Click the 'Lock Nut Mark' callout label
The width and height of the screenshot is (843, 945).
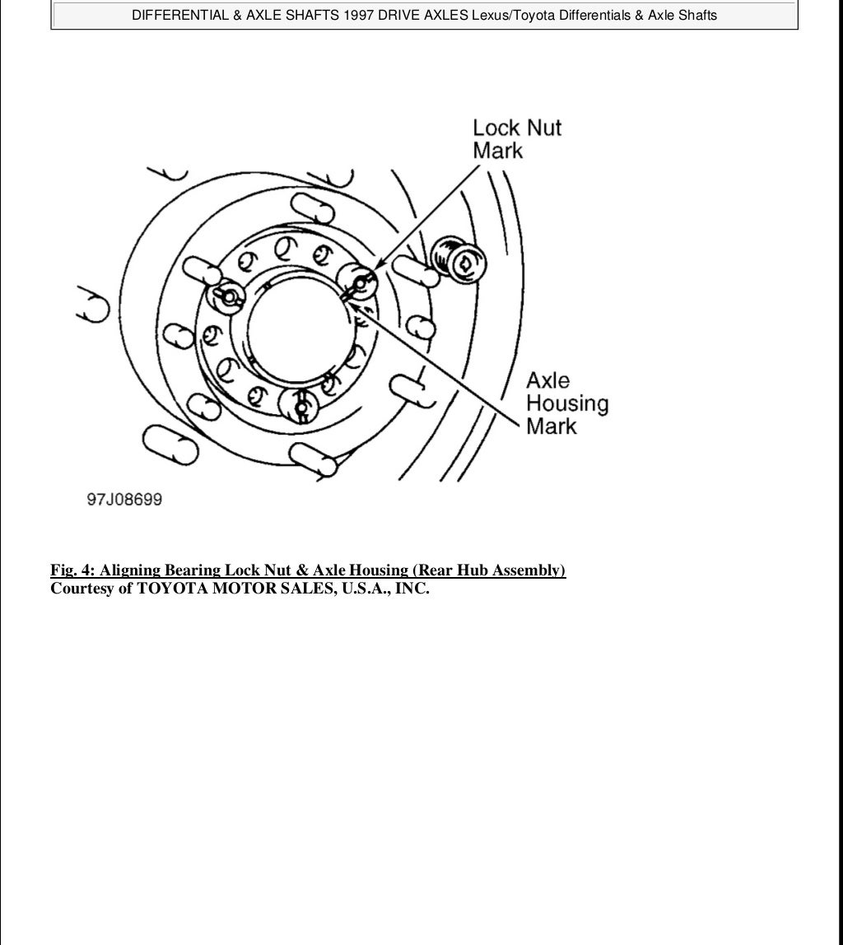click(x=517, y=139)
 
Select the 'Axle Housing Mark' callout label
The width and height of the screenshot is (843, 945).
click(x=567, y=403)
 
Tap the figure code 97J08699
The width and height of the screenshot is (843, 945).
click(x=125, y=500)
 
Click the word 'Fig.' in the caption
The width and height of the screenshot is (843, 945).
click(x=64, y=570)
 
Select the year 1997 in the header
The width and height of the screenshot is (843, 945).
click(x=356, y=15)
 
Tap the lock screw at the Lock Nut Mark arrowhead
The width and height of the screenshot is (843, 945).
click(x=359, y=282)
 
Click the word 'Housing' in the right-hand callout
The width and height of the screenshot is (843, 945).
click(x=567, y=403)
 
